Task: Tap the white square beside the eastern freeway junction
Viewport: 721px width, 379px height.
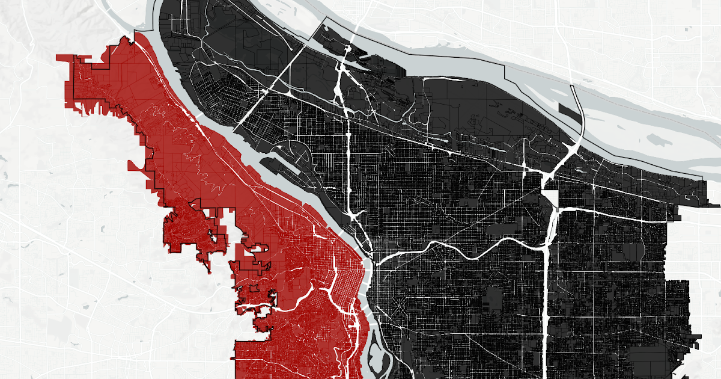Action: click(x=550, y=199)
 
